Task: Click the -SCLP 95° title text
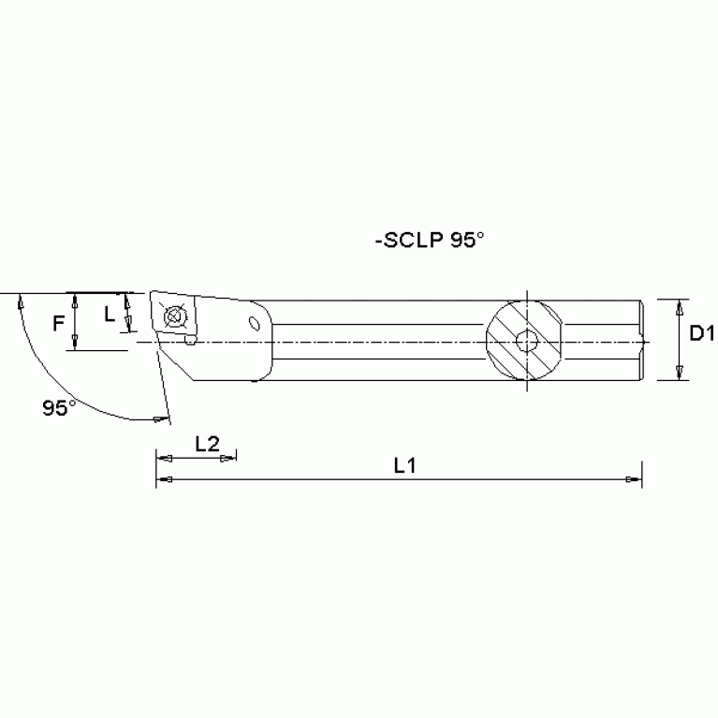click(430, 240)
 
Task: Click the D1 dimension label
click(702, 333)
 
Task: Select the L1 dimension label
click(404, 464)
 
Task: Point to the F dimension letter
click(58, 323)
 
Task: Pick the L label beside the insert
click(110, 315)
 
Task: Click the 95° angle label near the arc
click(59, 407)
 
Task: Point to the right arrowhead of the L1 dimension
click(635, 479)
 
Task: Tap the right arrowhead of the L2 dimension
click(230, 458)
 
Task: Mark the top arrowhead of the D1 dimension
click(681, 305)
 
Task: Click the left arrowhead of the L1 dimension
click(162, 479)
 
